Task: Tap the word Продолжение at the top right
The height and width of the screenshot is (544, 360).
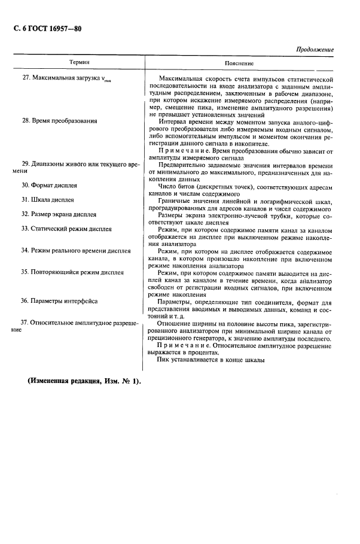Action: [315, 50]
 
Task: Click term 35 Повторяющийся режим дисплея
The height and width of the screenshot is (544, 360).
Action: [72, 272]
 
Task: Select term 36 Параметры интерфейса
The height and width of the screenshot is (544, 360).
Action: [59, 300]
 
